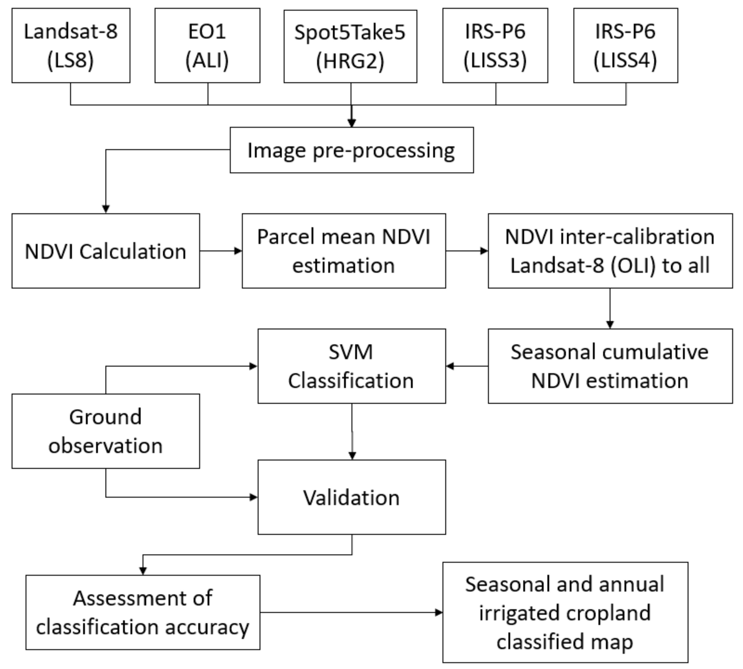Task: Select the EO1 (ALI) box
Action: (x=207, y=45)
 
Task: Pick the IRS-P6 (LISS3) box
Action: (x=495, y=45)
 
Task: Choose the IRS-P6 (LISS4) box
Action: (x=625, y=45)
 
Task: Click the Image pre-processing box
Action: (x=351, y=150)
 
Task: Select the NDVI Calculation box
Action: (x=105, y=251)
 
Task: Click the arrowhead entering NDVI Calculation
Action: (x=106, y=209)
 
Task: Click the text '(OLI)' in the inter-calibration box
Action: (x=632, y=265)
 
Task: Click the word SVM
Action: (x=351, y=352)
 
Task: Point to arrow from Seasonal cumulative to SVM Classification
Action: (x=466, y=366)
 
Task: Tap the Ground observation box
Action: (x=105, y=431)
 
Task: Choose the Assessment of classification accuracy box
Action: (x=143, y=612)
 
